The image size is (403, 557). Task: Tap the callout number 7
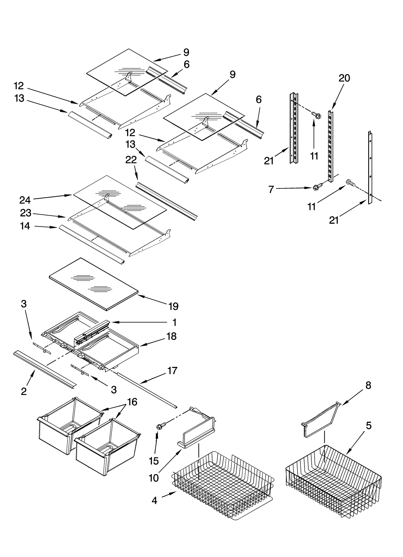271,189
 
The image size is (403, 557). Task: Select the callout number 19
174,306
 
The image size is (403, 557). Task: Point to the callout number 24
25,200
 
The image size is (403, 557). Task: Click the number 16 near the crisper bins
132,402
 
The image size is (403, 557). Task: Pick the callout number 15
154,461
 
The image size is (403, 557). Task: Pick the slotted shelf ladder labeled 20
330,146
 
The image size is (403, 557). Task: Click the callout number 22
131,160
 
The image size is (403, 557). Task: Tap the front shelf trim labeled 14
91,243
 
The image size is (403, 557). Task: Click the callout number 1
174,322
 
